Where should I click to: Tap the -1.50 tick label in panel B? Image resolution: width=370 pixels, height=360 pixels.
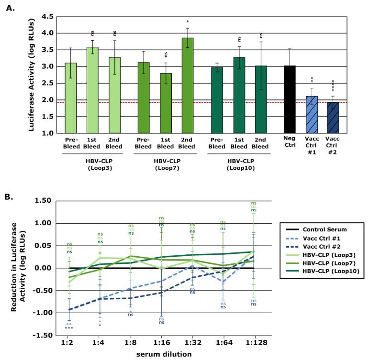point(44,335)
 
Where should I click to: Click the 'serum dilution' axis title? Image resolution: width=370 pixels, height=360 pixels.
point(163,354)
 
